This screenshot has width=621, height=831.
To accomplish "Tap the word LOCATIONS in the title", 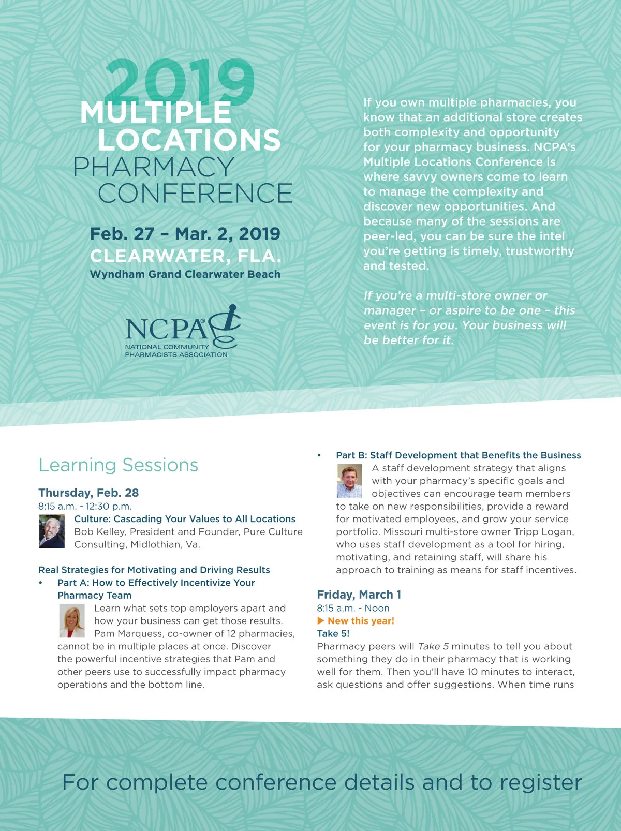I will point(189,140).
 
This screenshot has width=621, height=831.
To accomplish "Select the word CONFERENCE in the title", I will point(195,194).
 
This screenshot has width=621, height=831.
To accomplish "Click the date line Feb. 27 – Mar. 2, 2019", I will point(185,234).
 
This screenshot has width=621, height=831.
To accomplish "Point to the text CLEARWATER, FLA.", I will point(185,256).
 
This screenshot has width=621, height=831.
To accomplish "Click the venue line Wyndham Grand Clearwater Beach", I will point(185,274).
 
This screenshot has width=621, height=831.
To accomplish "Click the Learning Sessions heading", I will point(118,465).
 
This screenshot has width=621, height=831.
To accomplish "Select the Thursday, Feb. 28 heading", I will point(88,493).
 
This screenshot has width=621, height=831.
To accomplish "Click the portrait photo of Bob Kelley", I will point(52,531).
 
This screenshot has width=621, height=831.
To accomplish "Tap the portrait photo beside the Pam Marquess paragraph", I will point(71,621).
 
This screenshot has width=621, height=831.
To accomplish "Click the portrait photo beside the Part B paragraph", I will point(349,481).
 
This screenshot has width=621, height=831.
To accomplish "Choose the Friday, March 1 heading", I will point(359,595).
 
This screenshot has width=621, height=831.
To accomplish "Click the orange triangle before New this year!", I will point(321,620).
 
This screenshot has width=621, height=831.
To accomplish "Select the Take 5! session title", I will point(333,633).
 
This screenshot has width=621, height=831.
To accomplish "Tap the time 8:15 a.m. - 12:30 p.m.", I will point(85,506).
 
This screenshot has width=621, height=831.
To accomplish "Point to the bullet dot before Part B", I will point(319,455).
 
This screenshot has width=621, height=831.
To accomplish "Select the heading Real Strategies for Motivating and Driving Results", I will point(154,570).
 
